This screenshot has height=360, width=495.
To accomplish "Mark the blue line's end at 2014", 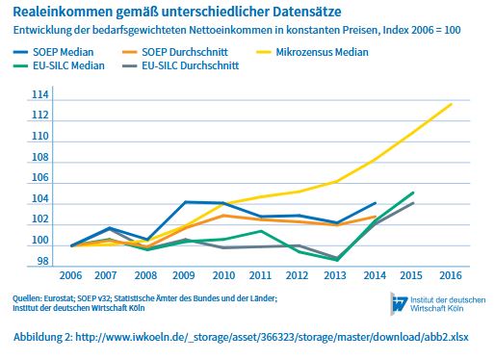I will point(376,203).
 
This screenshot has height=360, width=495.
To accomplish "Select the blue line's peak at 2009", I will point(187,202).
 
